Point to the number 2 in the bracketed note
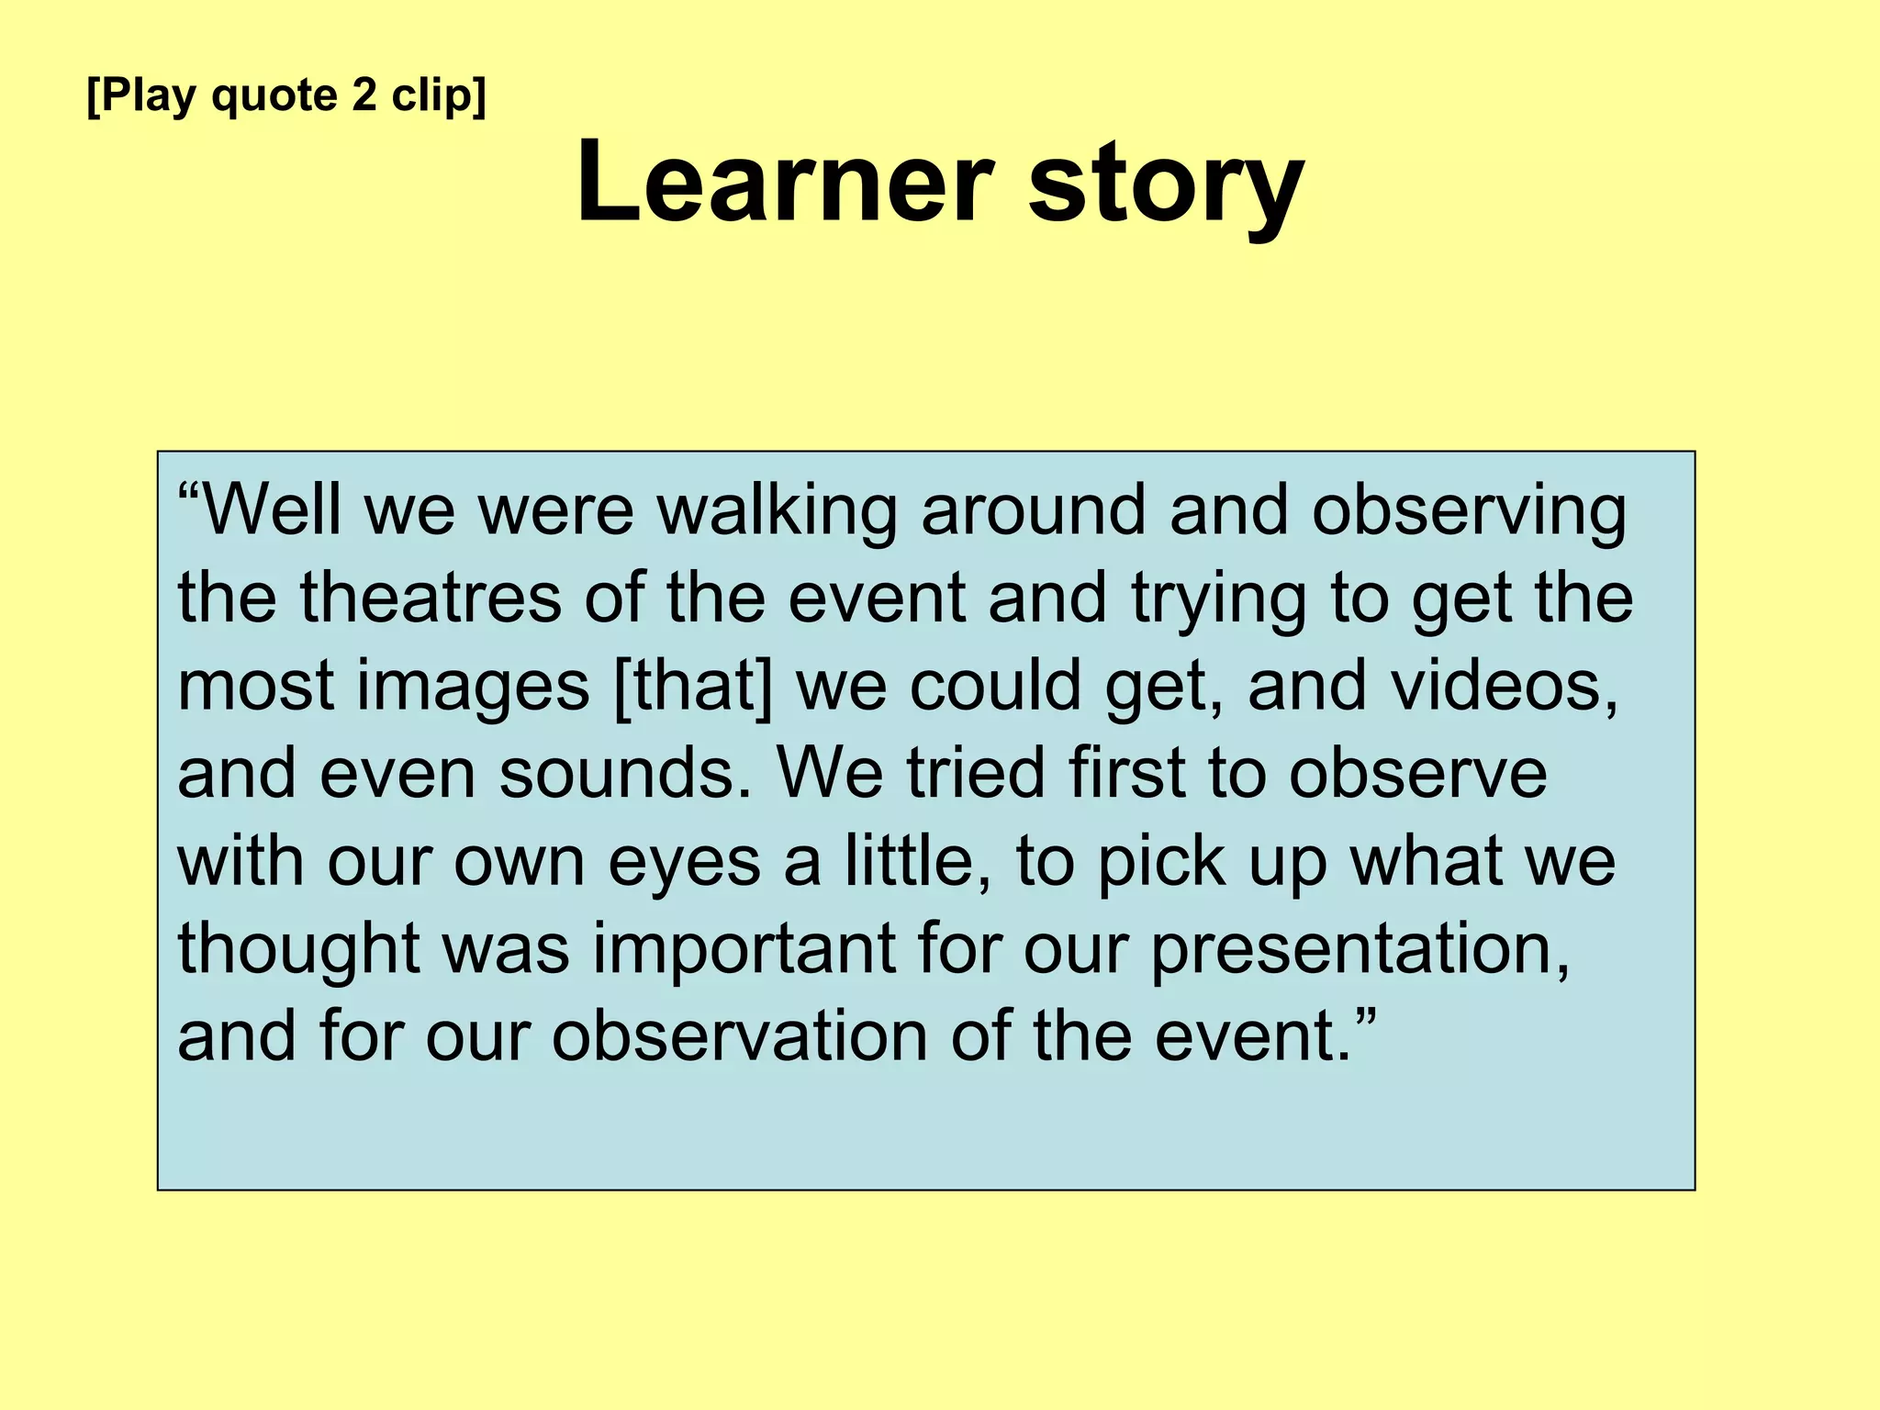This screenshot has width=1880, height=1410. (x=364, y=95)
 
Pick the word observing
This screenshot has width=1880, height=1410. (x=1469, y=511)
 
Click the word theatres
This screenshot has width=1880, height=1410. (x=431, y=598)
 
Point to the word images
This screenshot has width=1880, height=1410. (x=473, y=688)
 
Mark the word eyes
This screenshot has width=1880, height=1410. (x=684, y=864)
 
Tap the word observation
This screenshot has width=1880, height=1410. (x=739, y=1036)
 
